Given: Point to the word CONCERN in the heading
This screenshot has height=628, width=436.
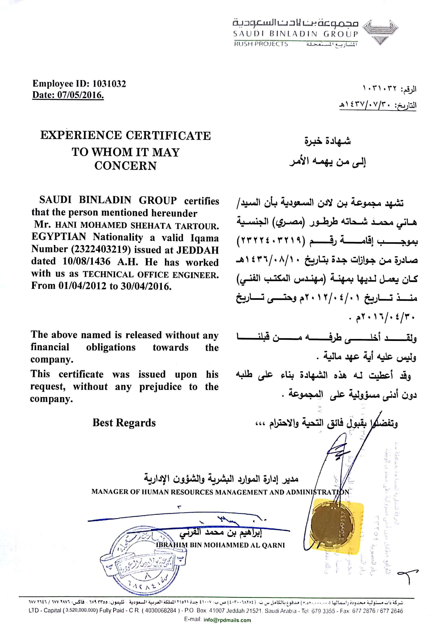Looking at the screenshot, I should pos(125,166).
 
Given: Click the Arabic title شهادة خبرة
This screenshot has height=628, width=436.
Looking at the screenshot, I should pos(327,141).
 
